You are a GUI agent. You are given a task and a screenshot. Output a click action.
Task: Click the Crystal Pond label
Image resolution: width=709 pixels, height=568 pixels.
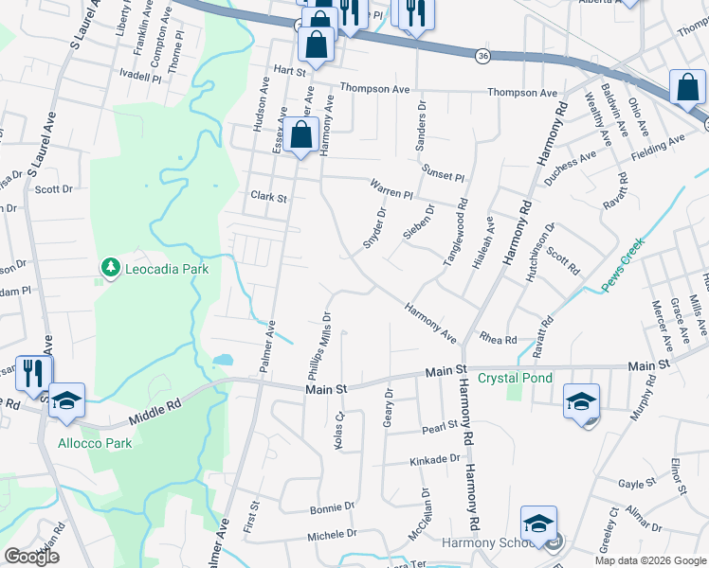(x=515, y=378)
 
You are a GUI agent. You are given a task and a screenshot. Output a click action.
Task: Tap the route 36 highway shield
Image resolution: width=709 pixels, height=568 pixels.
(x=482, y=57)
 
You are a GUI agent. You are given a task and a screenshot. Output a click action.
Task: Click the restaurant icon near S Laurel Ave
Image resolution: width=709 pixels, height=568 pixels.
(x=34, y=372)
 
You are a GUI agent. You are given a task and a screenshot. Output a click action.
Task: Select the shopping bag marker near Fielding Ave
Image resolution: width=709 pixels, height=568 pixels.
(x=686, y=88)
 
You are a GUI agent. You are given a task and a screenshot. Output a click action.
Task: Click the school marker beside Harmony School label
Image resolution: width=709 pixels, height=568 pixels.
(x=538, y=524)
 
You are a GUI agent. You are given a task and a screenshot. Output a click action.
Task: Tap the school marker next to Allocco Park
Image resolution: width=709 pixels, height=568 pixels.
(x=67, y=399)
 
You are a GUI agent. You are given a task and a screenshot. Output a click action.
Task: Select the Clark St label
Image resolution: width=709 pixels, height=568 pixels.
(x=268, y=197)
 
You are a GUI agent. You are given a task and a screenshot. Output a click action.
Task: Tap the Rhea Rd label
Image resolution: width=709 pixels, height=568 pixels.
(x=498, y=339)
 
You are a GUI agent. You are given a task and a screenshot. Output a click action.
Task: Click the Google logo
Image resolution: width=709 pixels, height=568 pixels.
(x=32, y=557)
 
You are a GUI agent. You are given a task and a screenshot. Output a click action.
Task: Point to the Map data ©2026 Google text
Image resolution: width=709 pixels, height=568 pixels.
(x=650, y=560)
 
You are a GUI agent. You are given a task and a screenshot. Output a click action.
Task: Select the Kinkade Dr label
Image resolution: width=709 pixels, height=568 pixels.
(x=422, y=459)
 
